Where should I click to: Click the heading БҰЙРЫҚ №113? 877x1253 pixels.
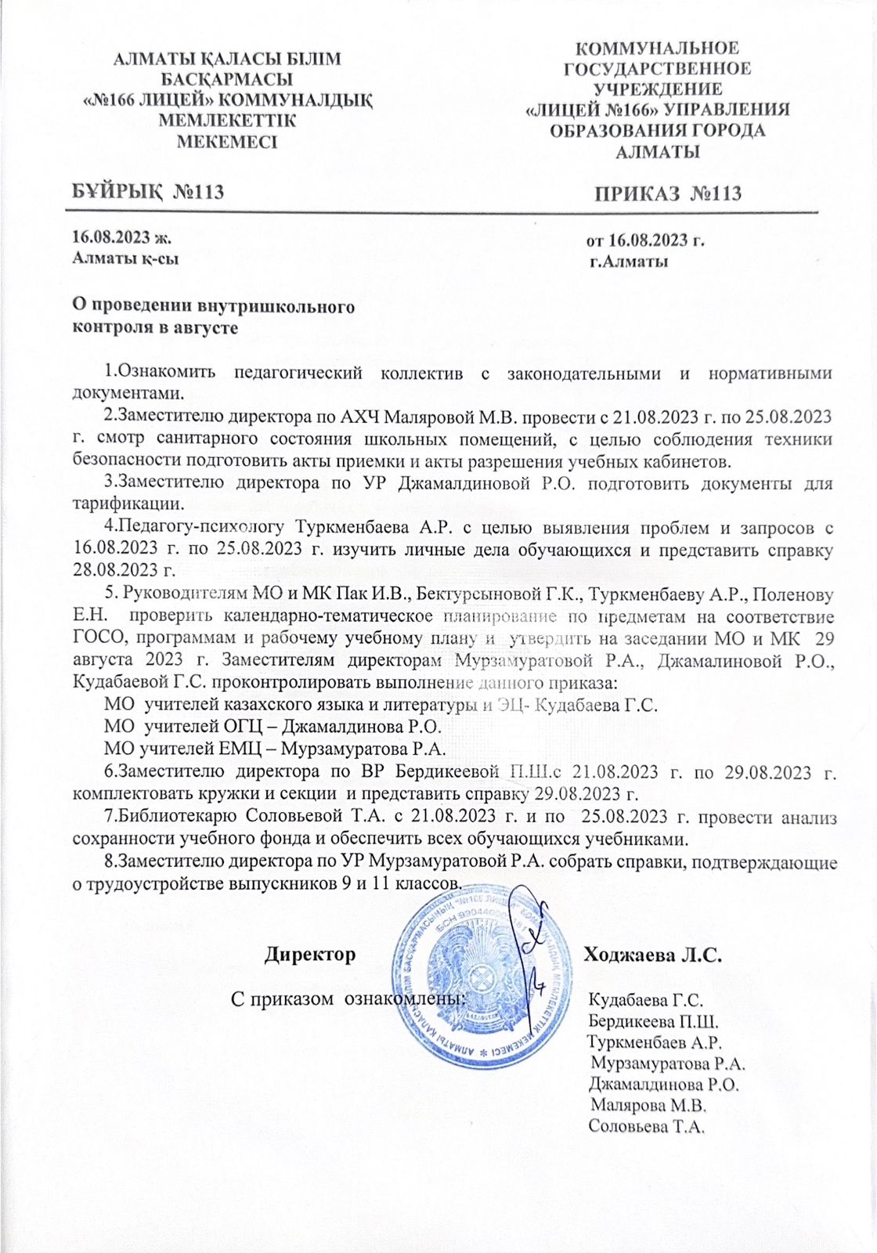click(148, 191)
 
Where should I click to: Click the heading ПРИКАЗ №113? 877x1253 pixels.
click(667, 193)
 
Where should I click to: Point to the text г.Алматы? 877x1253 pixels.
click(629, 262)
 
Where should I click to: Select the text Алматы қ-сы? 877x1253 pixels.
click(125, 258)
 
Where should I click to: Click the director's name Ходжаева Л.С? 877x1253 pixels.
click(652, 955)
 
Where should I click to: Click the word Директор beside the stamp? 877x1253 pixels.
click(310, 955)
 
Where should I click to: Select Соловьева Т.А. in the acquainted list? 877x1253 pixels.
click(646, 1127)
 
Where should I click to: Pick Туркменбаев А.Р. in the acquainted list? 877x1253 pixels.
click(655, 1042)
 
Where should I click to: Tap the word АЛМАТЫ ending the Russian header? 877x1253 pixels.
click(658, 152)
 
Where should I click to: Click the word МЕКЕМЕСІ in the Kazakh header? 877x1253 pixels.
click(227, 142)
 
